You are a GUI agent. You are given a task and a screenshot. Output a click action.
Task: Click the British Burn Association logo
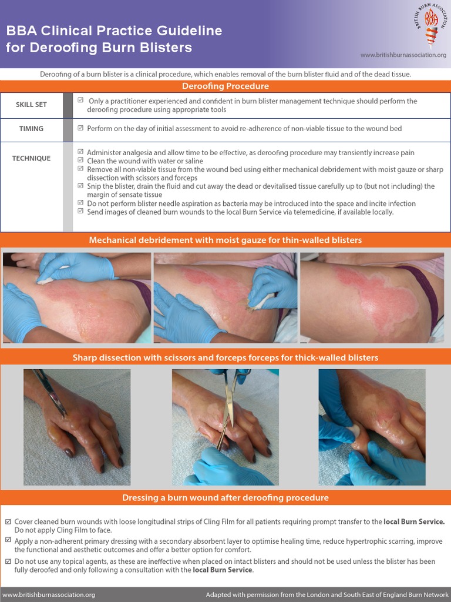(427, 26)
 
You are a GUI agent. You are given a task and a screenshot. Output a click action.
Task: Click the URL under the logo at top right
(403, 55)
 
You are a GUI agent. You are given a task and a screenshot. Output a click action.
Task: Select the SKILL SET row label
(31, 105)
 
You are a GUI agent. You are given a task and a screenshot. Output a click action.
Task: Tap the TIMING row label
(31, 128)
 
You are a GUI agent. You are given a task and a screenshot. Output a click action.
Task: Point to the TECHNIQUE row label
(31, 158)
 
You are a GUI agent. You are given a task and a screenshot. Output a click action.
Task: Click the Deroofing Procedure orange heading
(225, 86)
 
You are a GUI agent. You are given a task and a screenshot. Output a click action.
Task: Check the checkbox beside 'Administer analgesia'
(81, 152)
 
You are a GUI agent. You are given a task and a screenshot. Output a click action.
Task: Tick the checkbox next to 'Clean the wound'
(81, 160)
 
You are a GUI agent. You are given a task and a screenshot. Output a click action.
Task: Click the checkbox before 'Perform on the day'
(81, 128)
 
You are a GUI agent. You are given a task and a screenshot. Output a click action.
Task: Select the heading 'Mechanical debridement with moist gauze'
(225, 240)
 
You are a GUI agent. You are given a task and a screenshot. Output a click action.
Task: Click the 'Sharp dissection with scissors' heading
(225, 357)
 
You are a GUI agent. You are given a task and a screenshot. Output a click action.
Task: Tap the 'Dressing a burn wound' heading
(225, 498)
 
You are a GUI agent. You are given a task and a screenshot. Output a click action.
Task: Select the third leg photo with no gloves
(372, 298)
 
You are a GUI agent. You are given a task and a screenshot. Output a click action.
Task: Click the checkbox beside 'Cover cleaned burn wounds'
(8, 521)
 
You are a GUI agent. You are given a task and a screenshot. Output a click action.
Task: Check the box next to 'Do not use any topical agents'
(8, 561)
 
